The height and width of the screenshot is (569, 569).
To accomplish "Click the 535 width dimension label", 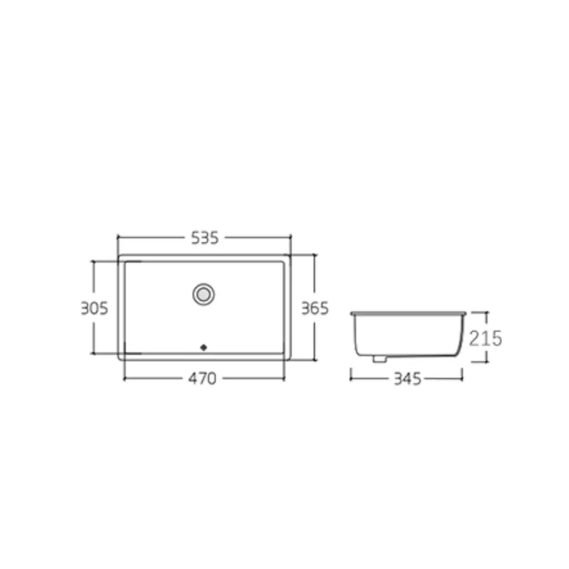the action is (204, 238).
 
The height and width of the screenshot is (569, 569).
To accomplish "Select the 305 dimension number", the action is (94, 308).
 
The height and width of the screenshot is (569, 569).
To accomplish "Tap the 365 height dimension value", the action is (315, 308).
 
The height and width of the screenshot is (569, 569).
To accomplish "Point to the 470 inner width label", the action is (202, 378).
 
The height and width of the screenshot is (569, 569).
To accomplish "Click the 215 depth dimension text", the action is (486, 338).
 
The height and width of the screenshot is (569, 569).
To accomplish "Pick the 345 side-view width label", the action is (407, 379).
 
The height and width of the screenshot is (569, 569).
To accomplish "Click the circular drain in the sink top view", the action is (203, 295).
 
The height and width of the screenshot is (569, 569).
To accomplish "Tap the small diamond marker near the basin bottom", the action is (203, 348).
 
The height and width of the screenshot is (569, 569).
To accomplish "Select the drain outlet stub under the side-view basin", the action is (380, 359).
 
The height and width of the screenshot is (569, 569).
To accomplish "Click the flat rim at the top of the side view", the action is (408, 313).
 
